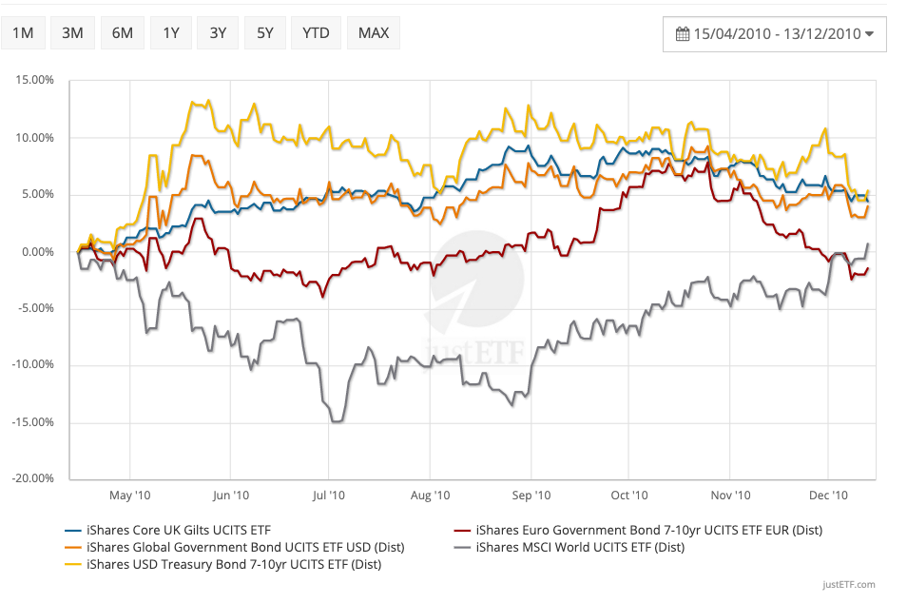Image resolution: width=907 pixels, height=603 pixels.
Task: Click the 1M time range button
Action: coord(23,33)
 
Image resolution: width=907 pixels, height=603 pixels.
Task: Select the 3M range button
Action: coord(72,33)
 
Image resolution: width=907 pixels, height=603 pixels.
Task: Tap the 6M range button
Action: coord(122,33)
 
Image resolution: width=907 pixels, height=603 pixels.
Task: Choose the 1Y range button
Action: coord(171,33)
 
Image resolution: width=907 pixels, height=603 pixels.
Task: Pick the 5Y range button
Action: coord(264,33)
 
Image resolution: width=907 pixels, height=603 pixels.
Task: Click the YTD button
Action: coord(316,33)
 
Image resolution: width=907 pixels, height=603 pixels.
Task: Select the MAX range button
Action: coord(374,33)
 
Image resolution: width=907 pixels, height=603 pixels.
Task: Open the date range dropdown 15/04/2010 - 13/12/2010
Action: coord(775,34)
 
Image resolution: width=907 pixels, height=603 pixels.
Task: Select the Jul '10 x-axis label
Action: coord(328,496)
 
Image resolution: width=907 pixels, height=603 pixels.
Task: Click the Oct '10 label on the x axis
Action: coord(628,496)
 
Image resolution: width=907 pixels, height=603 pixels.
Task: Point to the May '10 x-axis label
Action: coord(129,496)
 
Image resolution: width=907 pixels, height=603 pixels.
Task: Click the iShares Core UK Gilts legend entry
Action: coord(171,530)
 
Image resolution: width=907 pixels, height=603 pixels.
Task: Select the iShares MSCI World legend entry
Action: coord(580,547)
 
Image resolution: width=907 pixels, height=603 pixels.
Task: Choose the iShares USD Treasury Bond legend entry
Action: coord(233,564)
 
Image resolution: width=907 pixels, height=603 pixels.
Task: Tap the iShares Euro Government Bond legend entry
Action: coord(649,530)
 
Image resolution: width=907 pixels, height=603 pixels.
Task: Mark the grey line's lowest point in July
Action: coord(336,421)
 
